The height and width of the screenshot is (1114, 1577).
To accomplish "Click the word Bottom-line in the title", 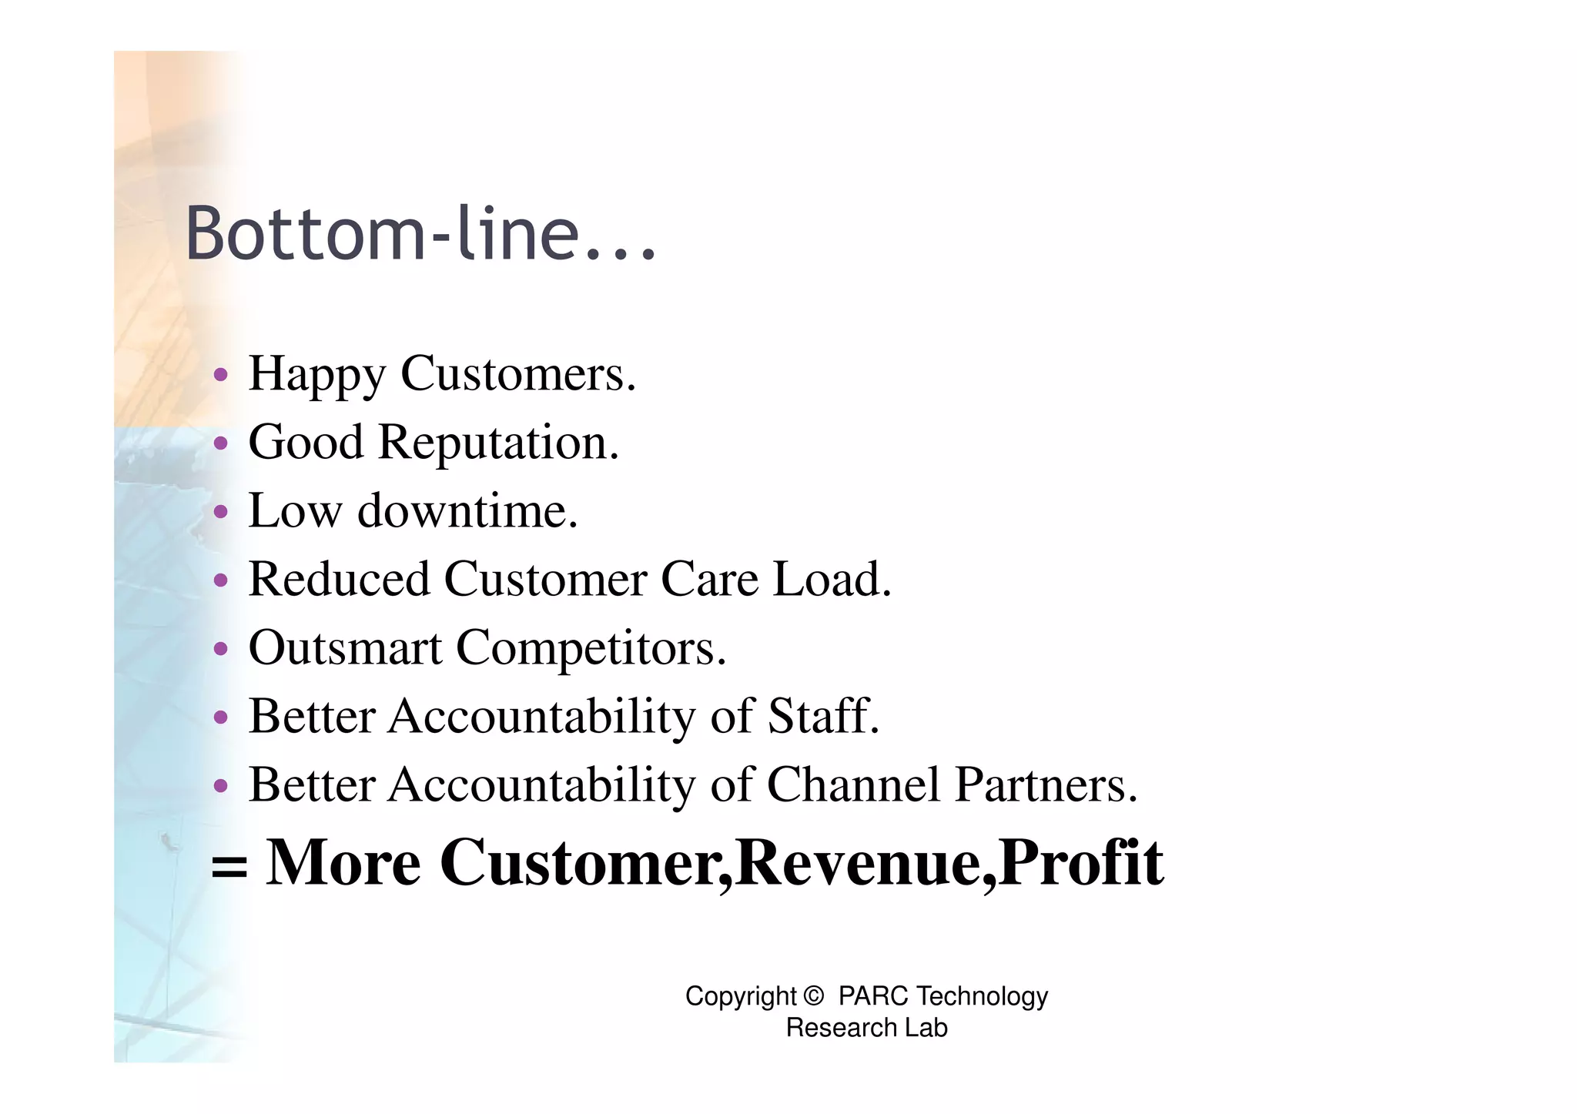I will point(382,233).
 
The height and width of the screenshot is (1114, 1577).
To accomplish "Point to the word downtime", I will point(467,510).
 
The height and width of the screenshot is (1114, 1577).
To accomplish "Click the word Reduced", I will point(339,579).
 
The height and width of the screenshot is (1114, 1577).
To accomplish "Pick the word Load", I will point(832,579).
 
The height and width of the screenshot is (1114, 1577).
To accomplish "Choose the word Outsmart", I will point(344,647).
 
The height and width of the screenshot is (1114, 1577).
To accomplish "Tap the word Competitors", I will point(591,647).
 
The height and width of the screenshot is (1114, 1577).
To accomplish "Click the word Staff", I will point(823,716).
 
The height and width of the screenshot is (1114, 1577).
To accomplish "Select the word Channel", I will point(853,784).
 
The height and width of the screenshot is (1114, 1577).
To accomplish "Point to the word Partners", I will point(1046,784).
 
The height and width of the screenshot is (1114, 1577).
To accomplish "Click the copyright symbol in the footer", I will point(813,996).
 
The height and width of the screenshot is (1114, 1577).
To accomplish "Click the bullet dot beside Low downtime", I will point(221,511).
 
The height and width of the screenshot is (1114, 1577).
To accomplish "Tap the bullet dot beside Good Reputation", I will point(221,443).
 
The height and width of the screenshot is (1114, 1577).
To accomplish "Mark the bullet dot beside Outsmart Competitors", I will point(221,648).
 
